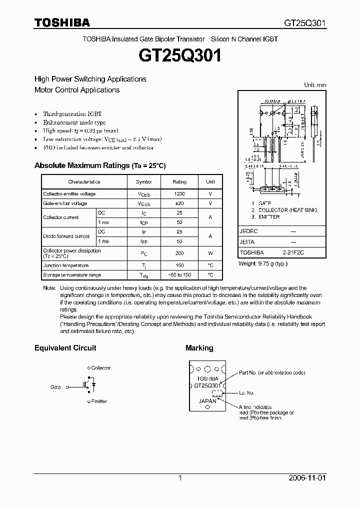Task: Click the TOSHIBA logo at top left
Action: coord(62,22)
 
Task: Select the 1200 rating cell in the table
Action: coord(179,194)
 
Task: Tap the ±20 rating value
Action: coord(179,203)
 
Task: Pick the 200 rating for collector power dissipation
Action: coord(179,253)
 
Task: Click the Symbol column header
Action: coord(143,182)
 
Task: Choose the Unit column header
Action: coord(210,182)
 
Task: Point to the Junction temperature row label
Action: coord(65,266)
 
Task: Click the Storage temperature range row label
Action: coord(72,275)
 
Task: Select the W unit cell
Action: coord(210,253)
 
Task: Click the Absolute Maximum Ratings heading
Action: coord(99,165)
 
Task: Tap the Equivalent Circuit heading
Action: coord(65,348)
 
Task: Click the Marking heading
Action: coord(199,348)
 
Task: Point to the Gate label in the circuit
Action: coord(55,387)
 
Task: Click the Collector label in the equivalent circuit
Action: coord(100,368)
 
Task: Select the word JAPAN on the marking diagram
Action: coord(207,401)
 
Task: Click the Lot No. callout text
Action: coord(246,393)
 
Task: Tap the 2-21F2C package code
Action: coord(292,253)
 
